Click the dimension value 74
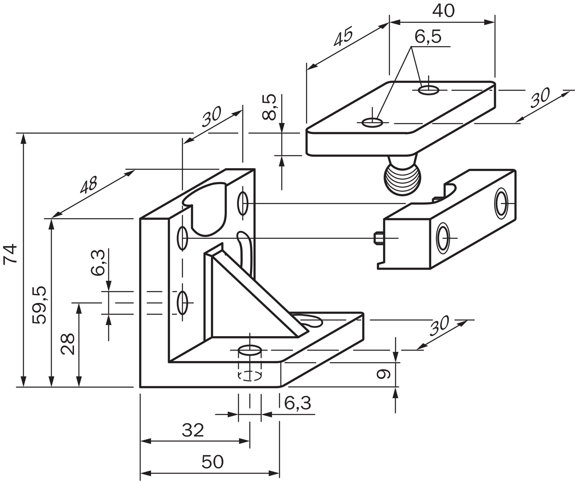click(10, 254)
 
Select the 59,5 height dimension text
click(40, 305)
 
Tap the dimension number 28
click(68, 344)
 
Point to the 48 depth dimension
click(89, 185)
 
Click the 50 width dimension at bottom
click(212, 462)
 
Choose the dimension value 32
click(193, 430)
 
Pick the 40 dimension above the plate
click(443, 11)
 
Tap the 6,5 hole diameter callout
click(428, 37)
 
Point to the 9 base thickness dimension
click(383, 374)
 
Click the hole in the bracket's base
click(249, 350)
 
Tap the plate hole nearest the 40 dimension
click(428, 89)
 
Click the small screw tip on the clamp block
click(378, 238)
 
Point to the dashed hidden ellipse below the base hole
click(249, 376)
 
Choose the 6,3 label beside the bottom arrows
click(297, 403)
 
